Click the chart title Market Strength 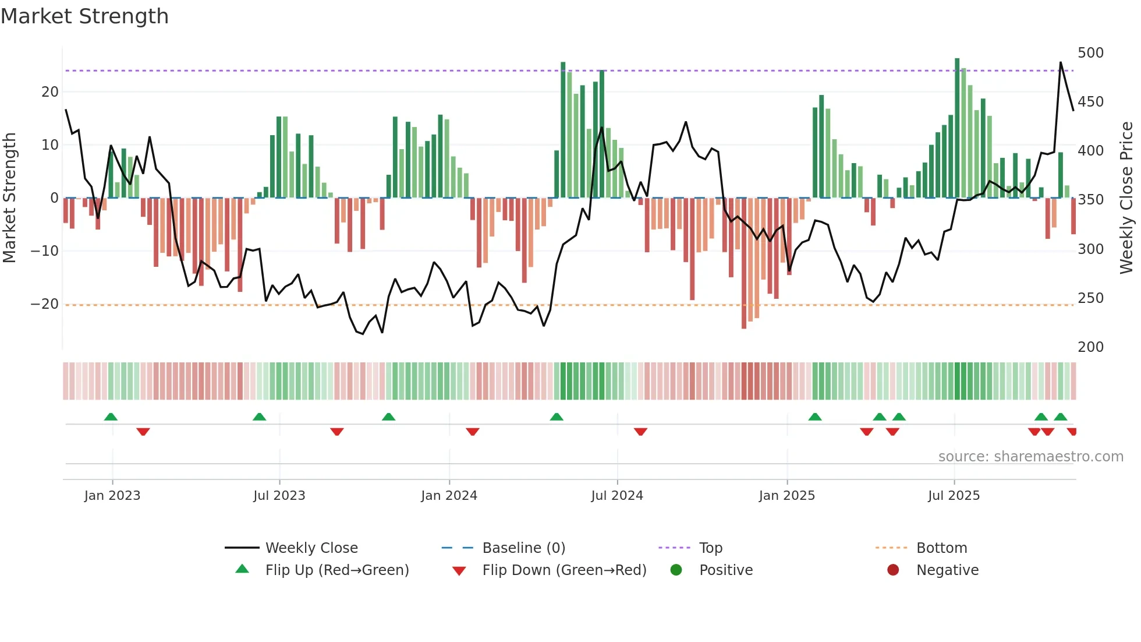coord(84,16)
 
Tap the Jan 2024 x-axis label coord(449,496)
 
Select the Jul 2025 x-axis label coord(954,496)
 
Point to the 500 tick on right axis coord(1090,53)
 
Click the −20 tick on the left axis coord(45,304)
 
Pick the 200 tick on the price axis coord(1090,347)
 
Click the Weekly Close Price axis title coord(1127,198)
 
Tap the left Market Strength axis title coord(9,198)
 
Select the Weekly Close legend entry coord(311,548)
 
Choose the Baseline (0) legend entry coord(523,548)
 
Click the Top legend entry coord(710,548)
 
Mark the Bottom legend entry coord(941,548)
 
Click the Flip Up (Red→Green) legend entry coord(336,570)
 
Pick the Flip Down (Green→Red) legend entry coord(564,570)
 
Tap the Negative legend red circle coord(893,570)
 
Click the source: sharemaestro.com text coord(1030,457)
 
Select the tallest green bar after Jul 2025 coord(957,128)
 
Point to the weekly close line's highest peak coord(1061,62)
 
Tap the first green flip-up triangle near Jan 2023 coord(111,417)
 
